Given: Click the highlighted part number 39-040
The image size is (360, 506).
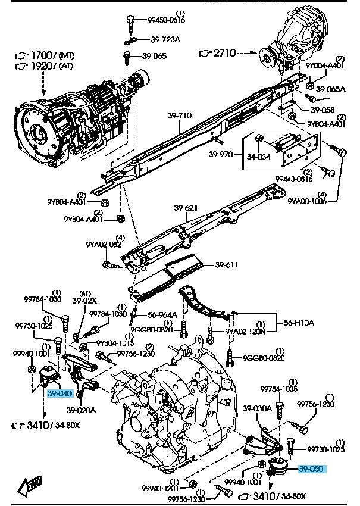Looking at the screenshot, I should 60,393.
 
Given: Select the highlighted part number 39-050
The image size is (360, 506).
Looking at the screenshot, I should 311,468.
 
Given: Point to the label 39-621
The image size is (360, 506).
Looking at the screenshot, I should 186,208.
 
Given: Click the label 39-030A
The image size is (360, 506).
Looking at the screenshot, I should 258,408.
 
